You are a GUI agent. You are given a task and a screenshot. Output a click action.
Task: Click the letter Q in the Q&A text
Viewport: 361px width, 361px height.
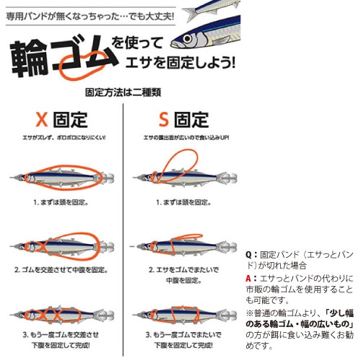(249, 255)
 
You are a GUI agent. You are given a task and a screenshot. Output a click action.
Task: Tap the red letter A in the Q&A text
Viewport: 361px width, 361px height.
(249, 277)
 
